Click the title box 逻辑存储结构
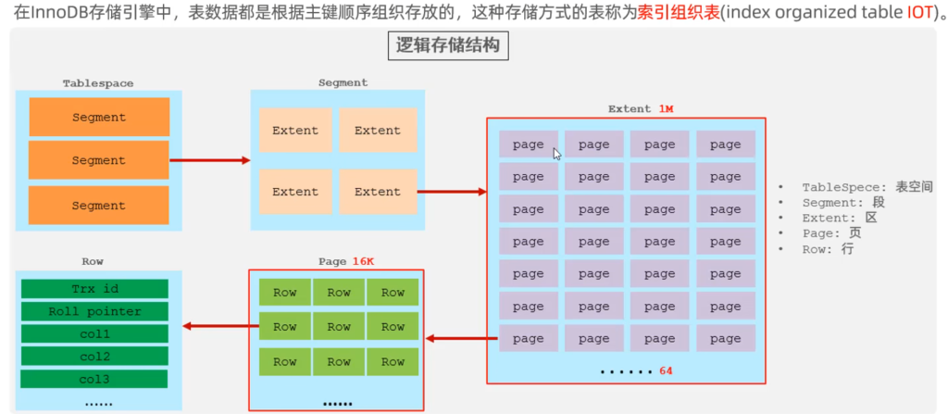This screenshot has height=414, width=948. (447, 47)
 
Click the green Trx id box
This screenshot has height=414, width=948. (94, 289)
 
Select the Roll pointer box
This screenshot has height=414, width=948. (94, 311)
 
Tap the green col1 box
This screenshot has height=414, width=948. (94, 333)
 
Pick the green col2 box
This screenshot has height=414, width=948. (94, 356)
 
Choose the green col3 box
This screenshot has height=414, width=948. (94, 379)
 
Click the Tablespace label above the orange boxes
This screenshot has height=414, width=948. (98, 83)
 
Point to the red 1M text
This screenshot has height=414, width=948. (667, 108)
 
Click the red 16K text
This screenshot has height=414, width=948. (363, 261)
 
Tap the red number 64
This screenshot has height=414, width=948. (666, 370)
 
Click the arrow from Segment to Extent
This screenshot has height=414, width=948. (453, 192)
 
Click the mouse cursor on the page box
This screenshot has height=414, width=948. (555, 153)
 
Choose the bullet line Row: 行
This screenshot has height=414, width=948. (830, 249)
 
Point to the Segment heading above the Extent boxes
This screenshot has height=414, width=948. (343, 82)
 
